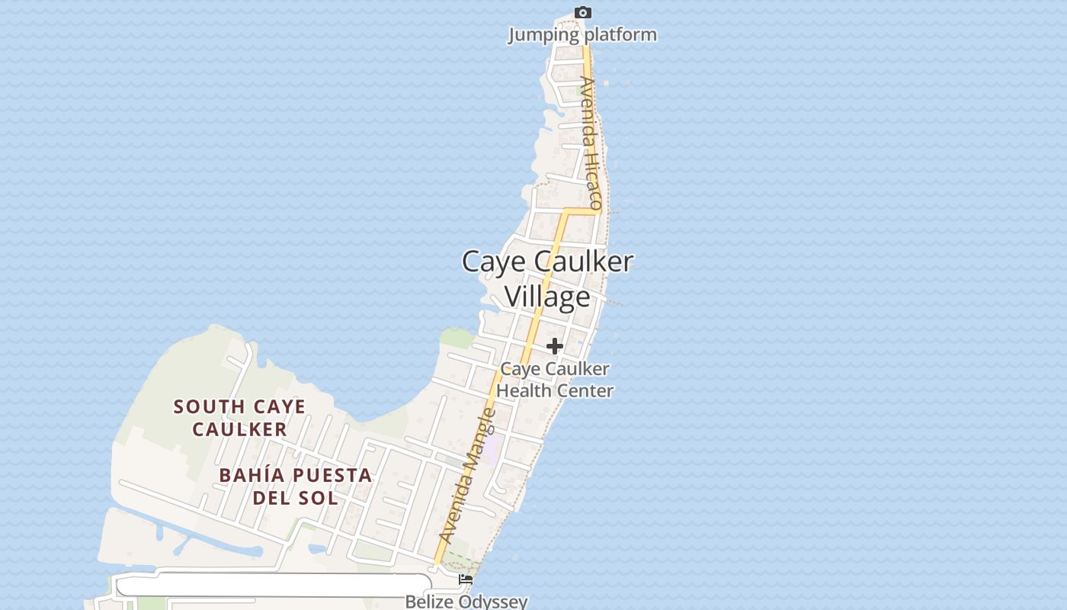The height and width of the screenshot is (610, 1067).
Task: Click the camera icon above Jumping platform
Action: (583, 12)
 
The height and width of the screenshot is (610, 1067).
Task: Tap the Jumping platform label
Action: (582, 34)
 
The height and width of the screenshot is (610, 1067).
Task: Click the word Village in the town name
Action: (547, 297)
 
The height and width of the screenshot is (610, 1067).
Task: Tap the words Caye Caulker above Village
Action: (547, 262)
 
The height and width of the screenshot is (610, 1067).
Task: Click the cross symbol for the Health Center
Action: (555, 346)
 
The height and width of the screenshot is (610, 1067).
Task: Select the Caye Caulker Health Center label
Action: (555, 380)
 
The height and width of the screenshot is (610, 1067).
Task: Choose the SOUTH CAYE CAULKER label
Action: (239, 418)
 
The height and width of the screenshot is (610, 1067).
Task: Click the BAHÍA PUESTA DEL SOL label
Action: (296, 486)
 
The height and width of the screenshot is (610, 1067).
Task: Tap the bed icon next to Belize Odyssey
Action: (466, 580)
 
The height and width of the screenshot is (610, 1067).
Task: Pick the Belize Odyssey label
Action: (466, 602)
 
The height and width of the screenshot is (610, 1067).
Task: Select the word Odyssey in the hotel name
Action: (495, 602)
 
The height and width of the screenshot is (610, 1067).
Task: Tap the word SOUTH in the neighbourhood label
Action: (206, 407)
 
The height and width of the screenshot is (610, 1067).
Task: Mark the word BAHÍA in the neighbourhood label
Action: (252, 475)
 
